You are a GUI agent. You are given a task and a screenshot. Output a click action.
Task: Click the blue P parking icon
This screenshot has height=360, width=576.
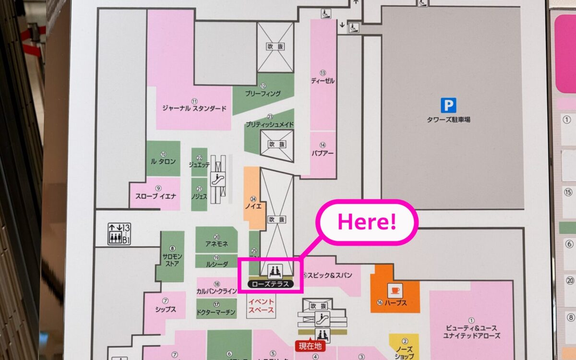pos(448,105)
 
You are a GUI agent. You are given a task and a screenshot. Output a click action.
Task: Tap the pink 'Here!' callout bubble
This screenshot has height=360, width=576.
pos(367,222)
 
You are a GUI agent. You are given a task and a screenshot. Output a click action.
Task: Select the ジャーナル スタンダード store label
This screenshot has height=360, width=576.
pos(194,108)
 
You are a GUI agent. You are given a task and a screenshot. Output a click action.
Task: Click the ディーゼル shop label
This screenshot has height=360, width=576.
pos(323,81)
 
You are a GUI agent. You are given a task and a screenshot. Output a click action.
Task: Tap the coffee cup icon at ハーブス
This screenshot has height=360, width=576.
pos(395,290)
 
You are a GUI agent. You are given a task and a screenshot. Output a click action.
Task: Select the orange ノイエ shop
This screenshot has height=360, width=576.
pos(254,205)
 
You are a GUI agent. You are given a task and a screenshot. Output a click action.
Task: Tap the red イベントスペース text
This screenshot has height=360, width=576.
pos(262,306)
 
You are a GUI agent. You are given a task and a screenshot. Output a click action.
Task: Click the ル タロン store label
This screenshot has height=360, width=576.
pos(163,161)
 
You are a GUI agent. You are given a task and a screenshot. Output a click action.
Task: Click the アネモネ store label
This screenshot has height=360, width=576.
pos(216,243)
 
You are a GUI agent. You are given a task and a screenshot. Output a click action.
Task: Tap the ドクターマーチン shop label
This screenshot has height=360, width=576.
pos(216,312)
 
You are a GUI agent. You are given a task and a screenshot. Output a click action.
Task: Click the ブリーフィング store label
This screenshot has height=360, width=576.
pos(263,94)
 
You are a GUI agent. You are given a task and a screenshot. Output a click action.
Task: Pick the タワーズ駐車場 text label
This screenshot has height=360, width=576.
pos(448,120)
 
